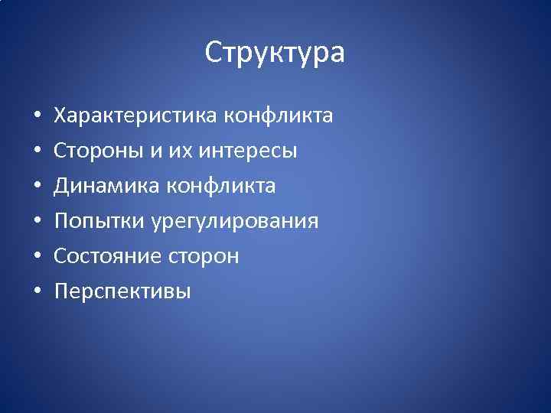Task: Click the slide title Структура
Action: coord(275,53)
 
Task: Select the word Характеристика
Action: coord(135,116)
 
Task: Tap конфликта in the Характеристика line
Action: coord(278,116)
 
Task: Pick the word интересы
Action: coord(248,151)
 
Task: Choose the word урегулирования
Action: coord(234,222)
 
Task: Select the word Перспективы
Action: coord(122,291)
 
